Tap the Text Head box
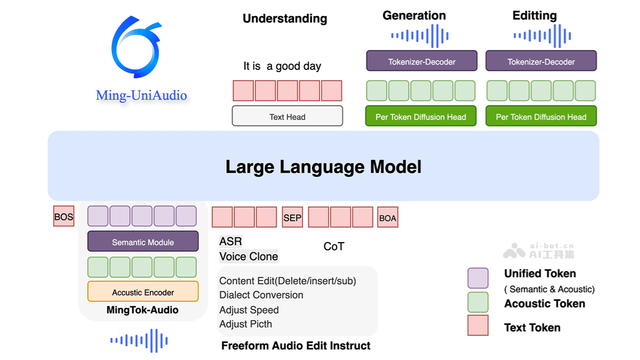[287, 116]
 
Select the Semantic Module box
[143, 242]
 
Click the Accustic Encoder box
[143, 292]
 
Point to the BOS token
[63, 217]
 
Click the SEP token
[292, 217]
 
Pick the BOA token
[387, 217]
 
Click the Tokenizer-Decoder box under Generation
[421, 61]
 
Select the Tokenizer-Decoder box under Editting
[541, 61]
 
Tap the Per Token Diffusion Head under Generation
[420, 116]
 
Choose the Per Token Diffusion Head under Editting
[541, 116]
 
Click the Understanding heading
[285, 19]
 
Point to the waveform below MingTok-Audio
[139, 340]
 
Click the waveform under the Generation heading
[420, 36]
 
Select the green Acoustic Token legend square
[477, 302]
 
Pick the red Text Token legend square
[477, 325]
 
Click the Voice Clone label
[249, 257]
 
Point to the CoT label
[334, 246]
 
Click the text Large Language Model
[323, 166]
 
